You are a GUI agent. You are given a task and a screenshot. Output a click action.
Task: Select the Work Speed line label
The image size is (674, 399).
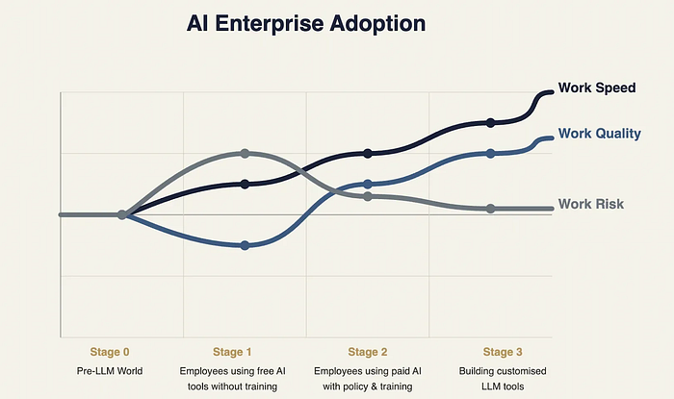[x=597, y=88]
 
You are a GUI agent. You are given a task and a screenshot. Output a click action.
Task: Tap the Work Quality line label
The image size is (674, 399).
[x=599, y=134]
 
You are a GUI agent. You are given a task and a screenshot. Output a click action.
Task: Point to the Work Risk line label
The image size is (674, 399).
[x=591, y=204]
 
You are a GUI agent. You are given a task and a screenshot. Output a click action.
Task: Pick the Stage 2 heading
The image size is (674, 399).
[x=368, y=352]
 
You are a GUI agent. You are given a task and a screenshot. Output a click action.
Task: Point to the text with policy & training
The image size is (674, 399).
[x=368, y=387]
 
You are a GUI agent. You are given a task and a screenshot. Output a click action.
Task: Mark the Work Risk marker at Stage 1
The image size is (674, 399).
[x=245, y=153]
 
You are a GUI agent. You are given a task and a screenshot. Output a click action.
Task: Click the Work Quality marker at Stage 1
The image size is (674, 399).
[x=245, y=245]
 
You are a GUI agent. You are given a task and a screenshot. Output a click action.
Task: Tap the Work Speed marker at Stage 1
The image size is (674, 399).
[x=245, y=184]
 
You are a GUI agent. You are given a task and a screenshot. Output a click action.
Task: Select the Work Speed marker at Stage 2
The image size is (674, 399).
[x=368, y=153]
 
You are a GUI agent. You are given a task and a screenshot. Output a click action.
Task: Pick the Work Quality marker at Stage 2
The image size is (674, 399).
[x=368, y=184]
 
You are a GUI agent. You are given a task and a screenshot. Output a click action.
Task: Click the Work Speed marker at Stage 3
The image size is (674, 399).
[x=491, y=122]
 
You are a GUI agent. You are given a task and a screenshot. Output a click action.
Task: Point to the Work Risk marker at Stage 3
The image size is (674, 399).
[x=491, y=209]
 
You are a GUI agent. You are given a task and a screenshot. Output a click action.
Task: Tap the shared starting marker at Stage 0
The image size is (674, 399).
[x=122, y=214]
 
